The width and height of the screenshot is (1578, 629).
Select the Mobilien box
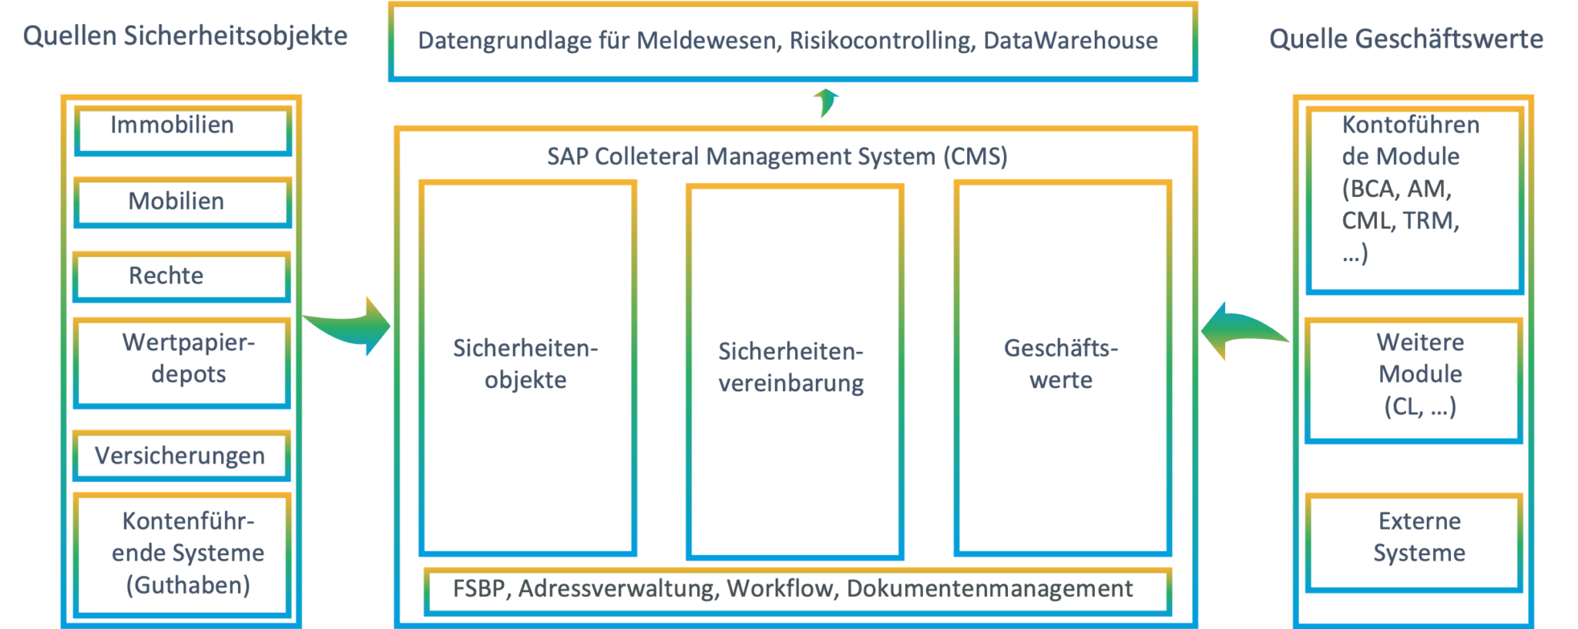182,202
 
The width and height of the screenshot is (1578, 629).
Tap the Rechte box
182,276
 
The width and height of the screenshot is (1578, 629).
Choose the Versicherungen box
182,456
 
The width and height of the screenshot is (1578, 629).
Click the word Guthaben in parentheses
188,585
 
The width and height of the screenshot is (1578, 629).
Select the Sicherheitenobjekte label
525,364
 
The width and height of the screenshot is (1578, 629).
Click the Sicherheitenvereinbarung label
791,368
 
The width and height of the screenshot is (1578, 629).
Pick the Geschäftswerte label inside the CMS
1061,364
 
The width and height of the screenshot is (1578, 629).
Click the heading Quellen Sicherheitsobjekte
185,36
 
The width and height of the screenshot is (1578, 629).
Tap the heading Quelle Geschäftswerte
1405,39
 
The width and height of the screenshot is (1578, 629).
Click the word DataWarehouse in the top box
1070,41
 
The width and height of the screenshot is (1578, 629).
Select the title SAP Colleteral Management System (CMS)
777,157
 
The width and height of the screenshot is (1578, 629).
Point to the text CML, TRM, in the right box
1400,221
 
